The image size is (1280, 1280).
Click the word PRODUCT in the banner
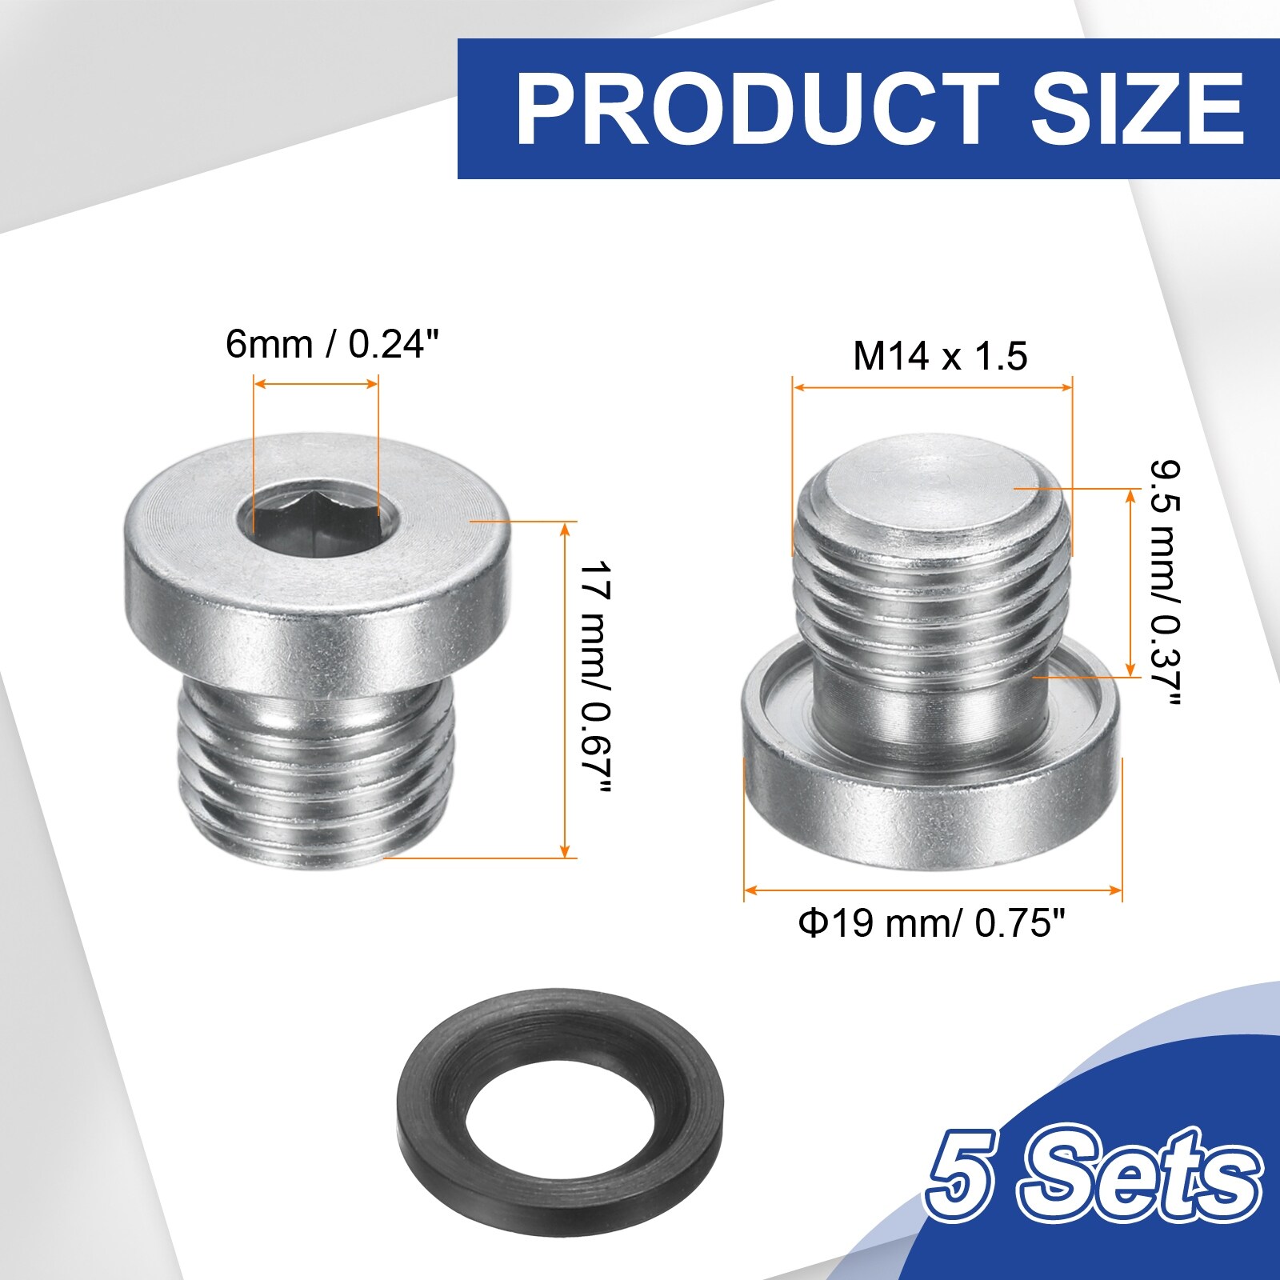pyautogui.click(x=757, y=109)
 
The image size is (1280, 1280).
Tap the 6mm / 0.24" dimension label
pyautogui.click(x=333, y=345)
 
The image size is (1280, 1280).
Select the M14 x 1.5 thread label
pyautogui.click(x=940, y=356)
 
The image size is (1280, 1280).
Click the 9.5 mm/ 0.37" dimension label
pyautogui.click(x=1166, y=583)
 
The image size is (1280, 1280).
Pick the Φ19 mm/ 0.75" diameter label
pyautogui.click(x=932, y=924)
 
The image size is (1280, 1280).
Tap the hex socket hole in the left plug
pyautogui.click(x=315, y=520)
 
